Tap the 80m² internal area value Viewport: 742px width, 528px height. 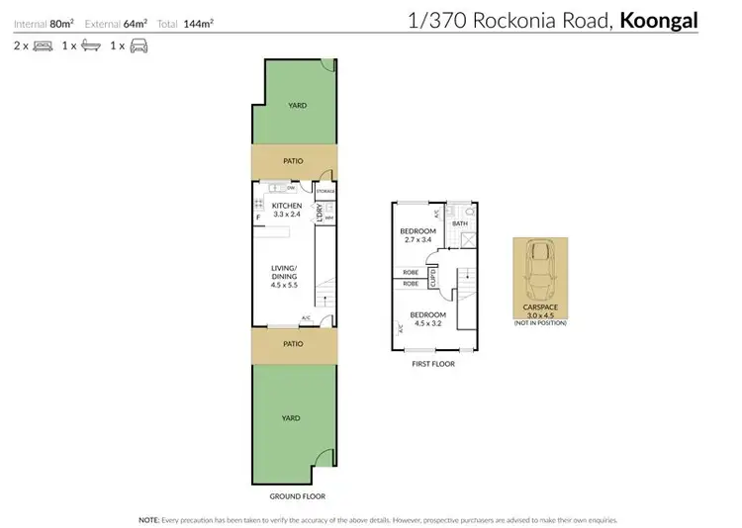coord(63,23)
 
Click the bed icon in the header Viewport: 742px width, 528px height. coord(43,45)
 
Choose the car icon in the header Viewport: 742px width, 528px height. coord(139,45)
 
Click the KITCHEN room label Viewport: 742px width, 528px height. coord(287,206)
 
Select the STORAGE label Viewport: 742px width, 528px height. coord(325,190)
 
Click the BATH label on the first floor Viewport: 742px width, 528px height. coord(459,223)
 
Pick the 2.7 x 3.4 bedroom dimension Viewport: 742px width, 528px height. coord(417,239)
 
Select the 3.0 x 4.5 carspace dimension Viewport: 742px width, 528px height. coord(540,315)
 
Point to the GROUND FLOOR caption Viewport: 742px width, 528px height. coord(296,495)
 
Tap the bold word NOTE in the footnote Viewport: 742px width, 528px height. coord(149,518)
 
